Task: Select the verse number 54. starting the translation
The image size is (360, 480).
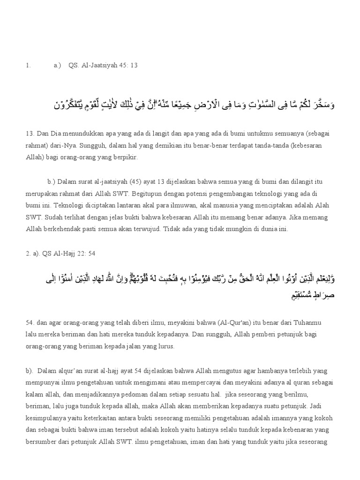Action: (30, 323)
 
